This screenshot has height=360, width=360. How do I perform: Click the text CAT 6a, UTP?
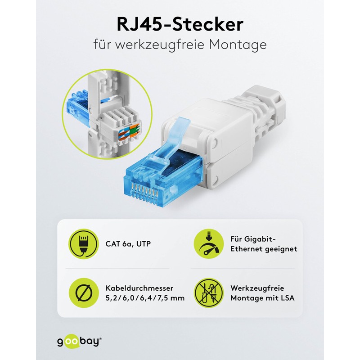pyautogui.click(x=129, y=244)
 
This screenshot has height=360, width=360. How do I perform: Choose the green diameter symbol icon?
pyautogui.click(x=83, y=292)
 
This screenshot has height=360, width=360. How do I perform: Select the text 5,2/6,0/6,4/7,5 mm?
pyautogui.click(x=146, y=298)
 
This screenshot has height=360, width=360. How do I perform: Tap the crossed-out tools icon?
pyautogui.click(x=208, y=292)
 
